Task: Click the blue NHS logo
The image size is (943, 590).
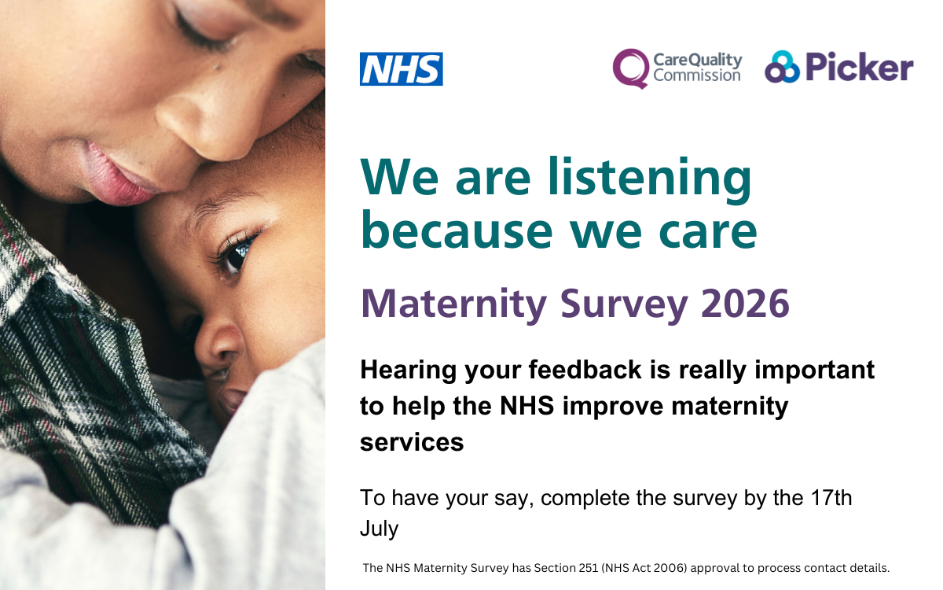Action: (x=402, y=69)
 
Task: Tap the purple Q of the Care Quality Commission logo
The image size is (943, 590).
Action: (x=630, y=68)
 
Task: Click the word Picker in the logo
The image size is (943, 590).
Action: (x=859, y=67)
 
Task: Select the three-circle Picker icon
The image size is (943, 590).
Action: (x=782, y=67)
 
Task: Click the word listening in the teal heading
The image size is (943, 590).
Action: (x=650, y=179)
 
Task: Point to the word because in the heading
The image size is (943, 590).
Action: (x=457, y=230)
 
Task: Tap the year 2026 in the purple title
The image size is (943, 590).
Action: (x=745, y=304)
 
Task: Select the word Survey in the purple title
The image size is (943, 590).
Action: (x=624, y=306)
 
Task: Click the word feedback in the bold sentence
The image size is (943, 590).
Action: (x=585, y=370)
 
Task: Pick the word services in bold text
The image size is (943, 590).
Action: (x=412, y=442)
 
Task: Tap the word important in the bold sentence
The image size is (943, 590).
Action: (x=815, y=371)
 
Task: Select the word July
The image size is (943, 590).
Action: (x=379, y=529)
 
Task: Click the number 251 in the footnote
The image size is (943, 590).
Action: (x=589, y=568)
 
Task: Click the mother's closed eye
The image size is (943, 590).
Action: (x=202, y=30)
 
